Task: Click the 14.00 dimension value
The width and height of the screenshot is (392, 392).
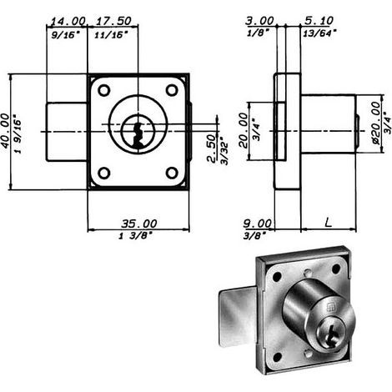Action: [x=68, y=21]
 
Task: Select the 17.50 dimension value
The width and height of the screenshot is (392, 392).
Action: [x=113, y=21]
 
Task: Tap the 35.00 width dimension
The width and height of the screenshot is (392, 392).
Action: [x=139, y=224]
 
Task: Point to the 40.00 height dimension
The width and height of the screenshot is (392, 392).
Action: [x=6, y=131]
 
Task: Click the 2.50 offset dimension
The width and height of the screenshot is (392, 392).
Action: [x=212, y=148]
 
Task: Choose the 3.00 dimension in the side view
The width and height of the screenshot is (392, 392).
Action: [x=259, y=21]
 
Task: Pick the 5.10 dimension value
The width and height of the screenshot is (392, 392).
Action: [x=319, y=21]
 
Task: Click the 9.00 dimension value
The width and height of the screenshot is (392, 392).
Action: [x=258, y=224]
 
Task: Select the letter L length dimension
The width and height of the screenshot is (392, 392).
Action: [x=329, y=223]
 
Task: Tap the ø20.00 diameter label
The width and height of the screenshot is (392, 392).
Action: [x=375, y=123]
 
